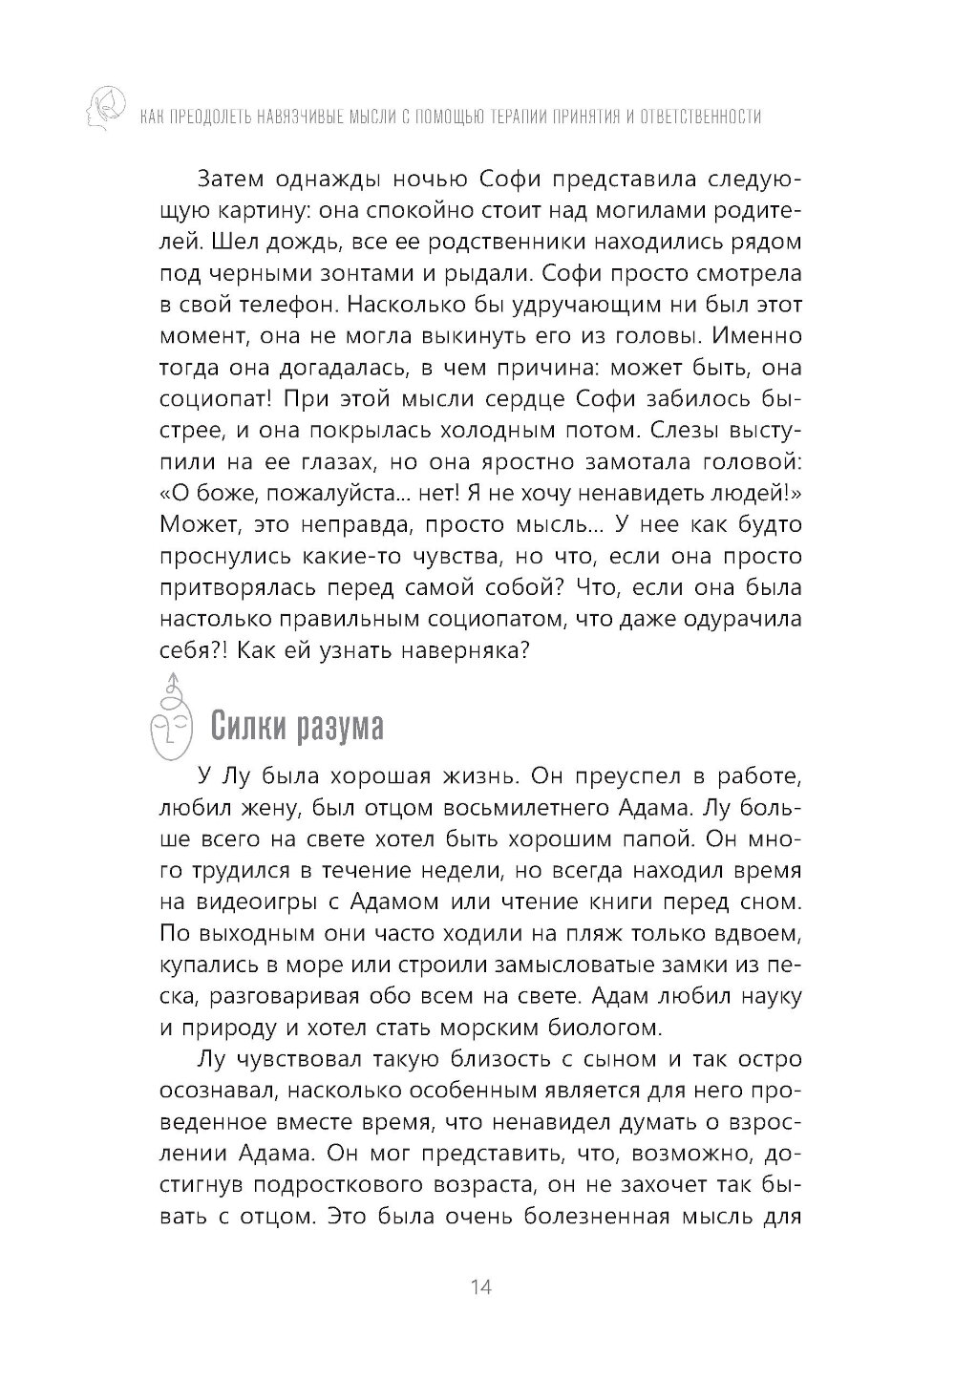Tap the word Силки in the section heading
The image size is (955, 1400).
pyautogui.click(x=251, y=728)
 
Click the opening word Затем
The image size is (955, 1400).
pyautogui.click(x=229, y=179)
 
